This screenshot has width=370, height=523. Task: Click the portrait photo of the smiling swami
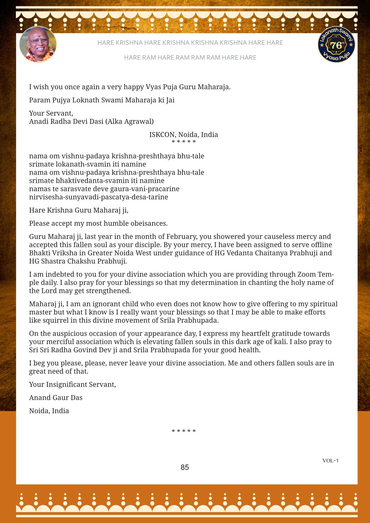pyautogui.click(x=38, y=44)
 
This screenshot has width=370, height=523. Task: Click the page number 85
pyautogui.click(x=185, y=467)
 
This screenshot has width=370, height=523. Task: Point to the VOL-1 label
pyautogui.click(x=330, y=461)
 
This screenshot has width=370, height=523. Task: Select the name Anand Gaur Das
pyautogui.click(x=56, y=398)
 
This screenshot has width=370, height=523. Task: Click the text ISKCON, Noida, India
pyautogui.click(x=183, y=135)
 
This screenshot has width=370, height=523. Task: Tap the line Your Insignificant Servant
pyautogui.click(x=72, y=384)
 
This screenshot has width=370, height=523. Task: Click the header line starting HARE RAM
pyautogui.click(x=190, y=57)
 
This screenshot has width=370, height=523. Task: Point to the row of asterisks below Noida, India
pyautogui.click(x=184, y=431)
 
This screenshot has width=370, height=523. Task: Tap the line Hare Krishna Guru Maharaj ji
pyautogui.click(x=79, y=210)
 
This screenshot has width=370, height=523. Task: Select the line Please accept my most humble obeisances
pyautogui.click(x=98, y=223)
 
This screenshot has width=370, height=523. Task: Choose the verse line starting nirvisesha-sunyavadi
pyautogui.click(x=99, y=197)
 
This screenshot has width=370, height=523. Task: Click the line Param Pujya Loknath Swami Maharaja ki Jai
pyautogui.click(x=102, y=100)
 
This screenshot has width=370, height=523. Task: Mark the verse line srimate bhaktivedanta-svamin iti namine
pyautogui.click(x=97, y=181)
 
